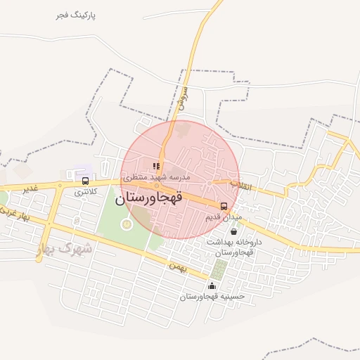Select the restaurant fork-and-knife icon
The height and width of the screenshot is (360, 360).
[156, 167]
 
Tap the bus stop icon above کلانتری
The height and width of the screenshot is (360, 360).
[85, 181]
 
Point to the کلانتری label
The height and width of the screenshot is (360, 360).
[86, 191]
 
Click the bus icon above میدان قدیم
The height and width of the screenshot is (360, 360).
[224, 206]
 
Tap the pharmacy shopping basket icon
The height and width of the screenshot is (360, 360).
[233, 231]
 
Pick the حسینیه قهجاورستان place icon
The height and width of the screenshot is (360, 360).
[212, 285]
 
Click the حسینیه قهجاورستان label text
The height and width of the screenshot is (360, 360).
[212, 297]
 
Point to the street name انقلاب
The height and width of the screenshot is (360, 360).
[240, 186]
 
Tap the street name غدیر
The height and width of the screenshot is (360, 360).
[30, 189]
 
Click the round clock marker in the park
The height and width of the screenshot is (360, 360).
[126, 224]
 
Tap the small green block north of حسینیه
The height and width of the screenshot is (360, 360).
[220, 269]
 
